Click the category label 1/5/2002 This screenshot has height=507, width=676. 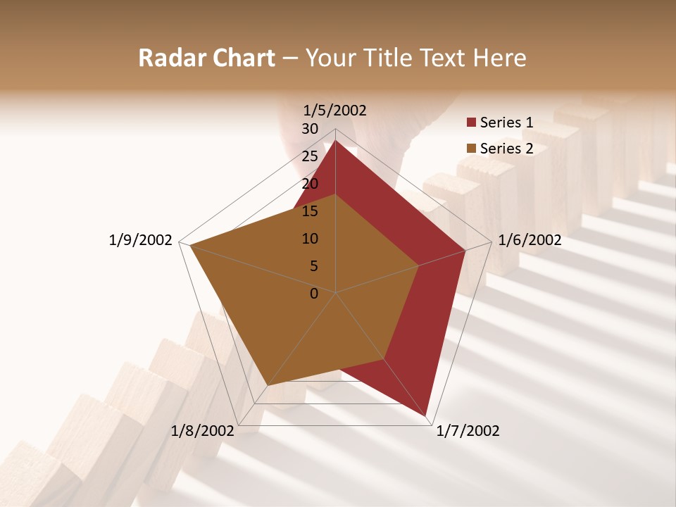pyautogui.click(x=335, y=110)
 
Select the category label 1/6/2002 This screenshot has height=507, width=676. pyautogui.click(x=530, y=240)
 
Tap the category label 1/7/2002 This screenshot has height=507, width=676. pyautogui.click(x=468, y=430)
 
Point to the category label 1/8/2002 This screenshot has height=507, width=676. pyautogui.click(x=203, y=430)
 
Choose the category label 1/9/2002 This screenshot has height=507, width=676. pyautogui.click(x=140, y=240)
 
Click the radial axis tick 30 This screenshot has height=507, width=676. pyautogui.click(x=310, y=129)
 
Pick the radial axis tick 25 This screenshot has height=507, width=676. pyautogui.click(x=310, y=156)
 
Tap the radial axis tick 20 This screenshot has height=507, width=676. pyautogui.click(x=310, y=184)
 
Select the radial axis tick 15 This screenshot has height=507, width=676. pyautogui.click(x=310, y=211)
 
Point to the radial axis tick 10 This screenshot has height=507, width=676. pyautogui.click(x=310, y=239)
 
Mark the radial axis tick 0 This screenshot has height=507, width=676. pyautogui.click(x=314, y=294)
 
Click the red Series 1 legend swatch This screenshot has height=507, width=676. pyautogui.click(x=472, y=123)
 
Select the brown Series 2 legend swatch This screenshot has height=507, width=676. pyautogui.click(x=472, y=149)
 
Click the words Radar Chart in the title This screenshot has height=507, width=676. pyautogui.click(x=206, y=58)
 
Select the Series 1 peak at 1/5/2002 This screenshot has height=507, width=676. pyautogui.click(x=335, y=140)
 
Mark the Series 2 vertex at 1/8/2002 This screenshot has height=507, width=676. pyautogui.click(x=268, y=385)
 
